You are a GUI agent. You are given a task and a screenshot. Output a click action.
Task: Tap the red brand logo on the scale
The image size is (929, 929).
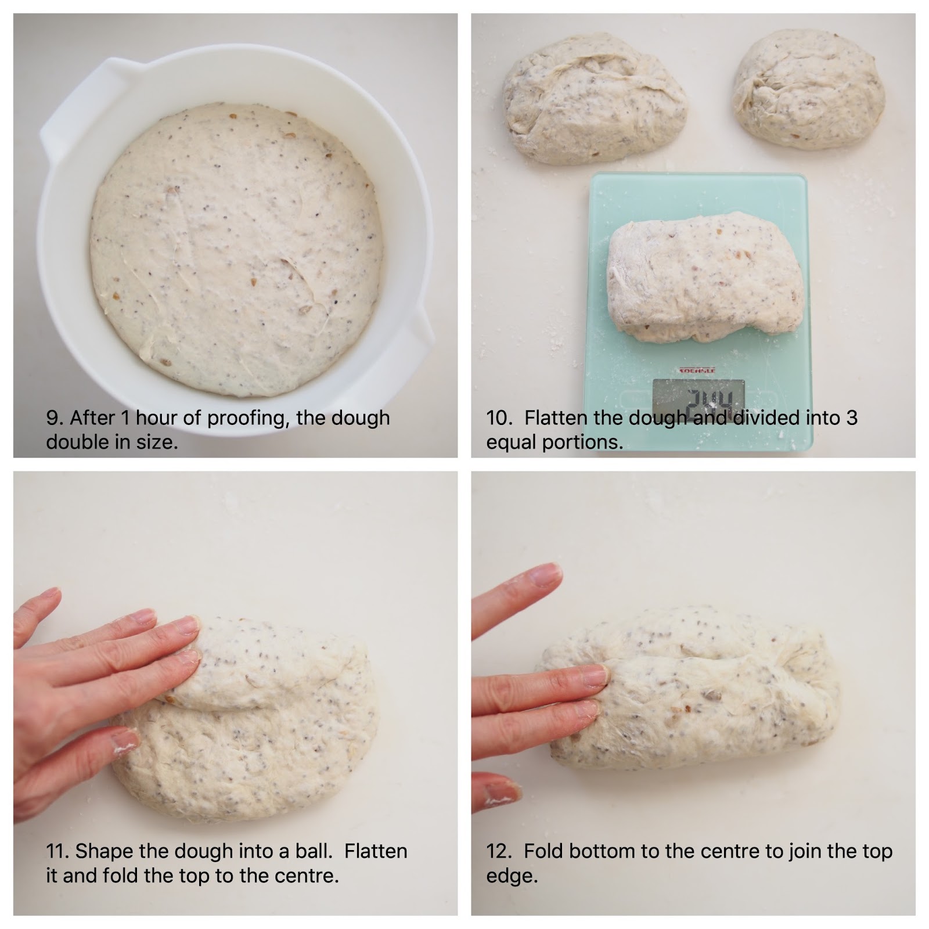[x=697, y=370]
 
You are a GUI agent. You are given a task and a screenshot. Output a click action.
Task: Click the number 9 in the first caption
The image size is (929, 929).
[x=52, y=418]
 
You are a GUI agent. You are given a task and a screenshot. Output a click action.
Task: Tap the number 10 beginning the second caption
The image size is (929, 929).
[x=497, y=418]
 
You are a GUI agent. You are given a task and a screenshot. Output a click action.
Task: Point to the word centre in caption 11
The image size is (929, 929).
[x=303, y=876]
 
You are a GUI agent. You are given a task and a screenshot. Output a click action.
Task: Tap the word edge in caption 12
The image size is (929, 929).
[x=511, y=877]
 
